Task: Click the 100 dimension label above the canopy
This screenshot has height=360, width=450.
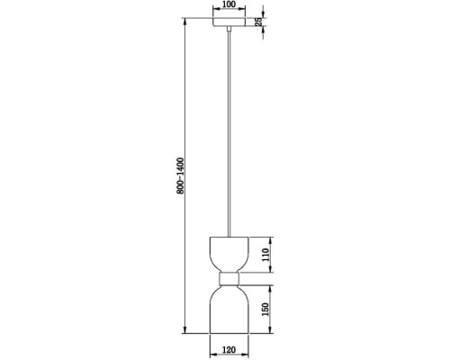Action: tap(229, 4)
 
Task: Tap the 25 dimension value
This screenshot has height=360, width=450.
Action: tap(258, 22)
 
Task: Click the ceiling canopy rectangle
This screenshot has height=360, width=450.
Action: tap(229, 22)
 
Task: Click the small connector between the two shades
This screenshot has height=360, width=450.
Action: tap(229, 279)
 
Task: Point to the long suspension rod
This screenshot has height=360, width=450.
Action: tap(229, 135)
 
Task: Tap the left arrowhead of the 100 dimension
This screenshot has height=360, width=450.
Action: tap(214, 11)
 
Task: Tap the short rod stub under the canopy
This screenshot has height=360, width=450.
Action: tap(229, 32)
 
